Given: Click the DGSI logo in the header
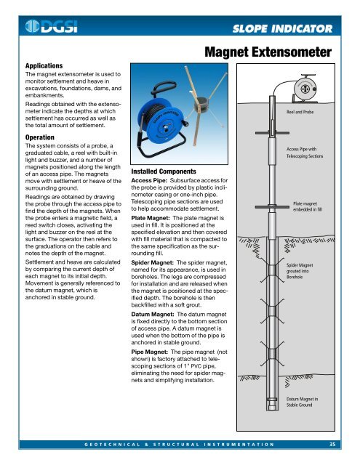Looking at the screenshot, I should (x=48, y=28).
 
